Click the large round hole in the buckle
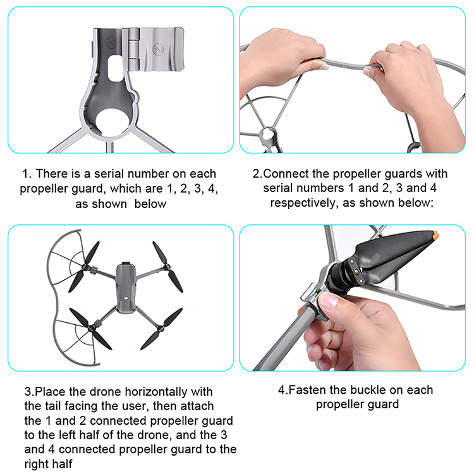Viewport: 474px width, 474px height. point(112,123)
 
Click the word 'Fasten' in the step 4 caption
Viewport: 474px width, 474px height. point(307,390)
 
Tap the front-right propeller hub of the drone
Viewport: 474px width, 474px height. point(166,267)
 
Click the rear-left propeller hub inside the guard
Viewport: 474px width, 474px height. point(90,327)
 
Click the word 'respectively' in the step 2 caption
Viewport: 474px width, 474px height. point(303,203)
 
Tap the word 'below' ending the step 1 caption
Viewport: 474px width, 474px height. point(150,204)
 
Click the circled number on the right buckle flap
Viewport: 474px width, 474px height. point(158,49)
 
